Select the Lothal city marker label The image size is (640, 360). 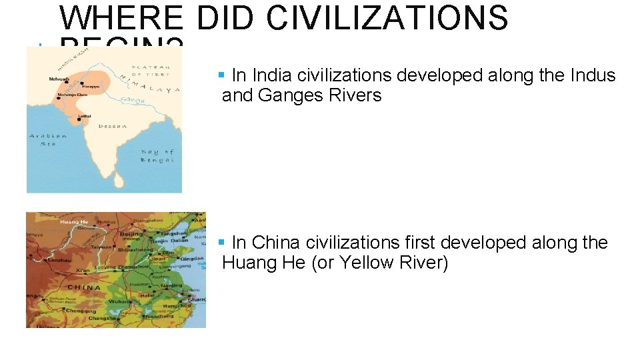pyautogui.click(x=83, y=116)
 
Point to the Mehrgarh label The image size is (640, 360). pyautogui.click(x=59, y=79)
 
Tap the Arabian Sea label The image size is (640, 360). pyautogui.click(x=49, y=139)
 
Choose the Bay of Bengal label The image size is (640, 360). pyautogui.click(x=157, y=156)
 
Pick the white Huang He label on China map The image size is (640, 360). pyautogui.click(x=75, y=222)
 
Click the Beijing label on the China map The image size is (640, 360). pyautogui.click(x=132, y=235)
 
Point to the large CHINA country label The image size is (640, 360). pyautogui.click(x=83, y=287)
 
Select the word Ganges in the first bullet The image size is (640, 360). pyautogui.click(x=287, y=95)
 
